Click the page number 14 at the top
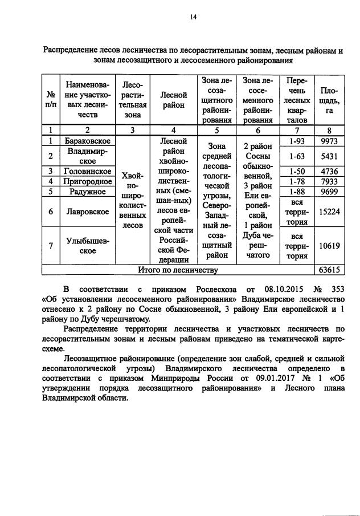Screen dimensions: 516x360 coord(193,18)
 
